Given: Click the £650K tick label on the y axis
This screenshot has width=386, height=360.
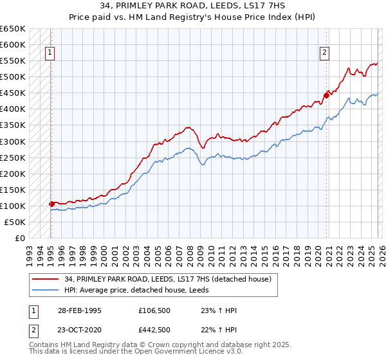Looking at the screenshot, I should [13, 29].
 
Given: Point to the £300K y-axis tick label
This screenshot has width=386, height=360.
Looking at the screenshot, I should [13, 141].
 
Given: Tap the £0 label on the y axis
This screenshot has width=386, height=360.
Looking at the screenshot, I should [19, 238].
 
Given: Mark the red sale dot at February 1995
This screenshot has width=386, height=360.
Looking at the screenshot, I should [51, 204].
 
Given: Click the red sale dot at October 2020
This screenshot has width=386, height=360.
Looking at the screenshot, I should [326, 95].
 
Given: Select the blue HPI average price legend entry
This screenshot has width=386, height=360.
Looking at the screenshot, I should [145, 290].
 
